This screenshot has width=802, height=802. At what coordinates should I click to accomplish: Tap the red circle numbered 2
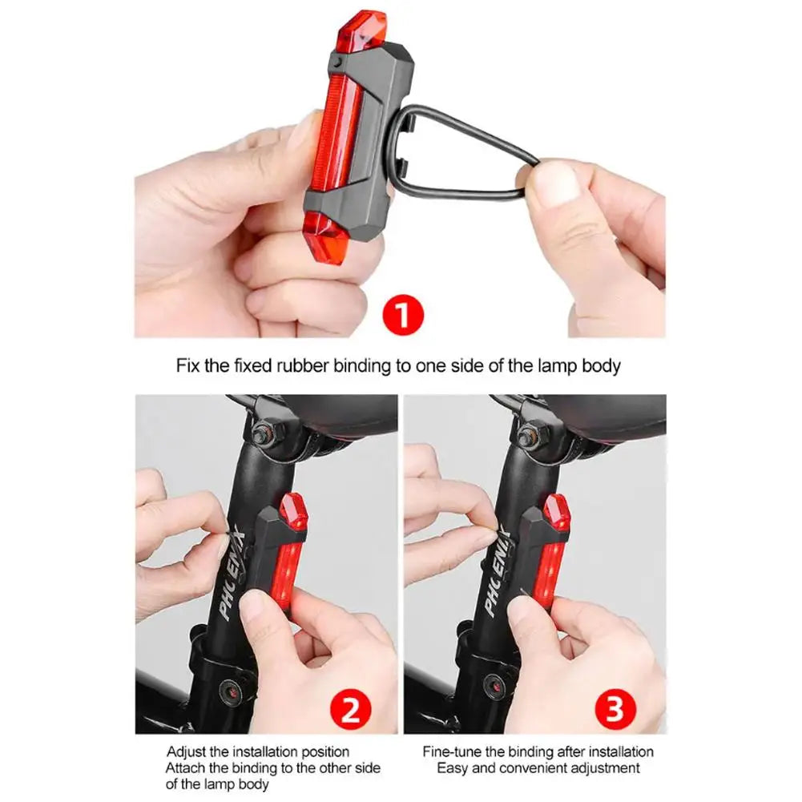pyautogui.click(x=349, y=708)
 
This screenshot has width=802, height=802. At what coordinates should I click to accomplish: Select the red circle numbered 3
pyautogui.click(x=616, y=708)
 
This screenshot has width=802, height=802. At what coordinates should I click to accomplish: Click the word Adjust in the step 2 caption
pyautogui.click(x=183, y=752)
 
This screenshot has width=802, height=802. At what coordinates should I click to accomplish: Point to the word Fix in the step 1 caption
pyautogui.click(x=187, y=366)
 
